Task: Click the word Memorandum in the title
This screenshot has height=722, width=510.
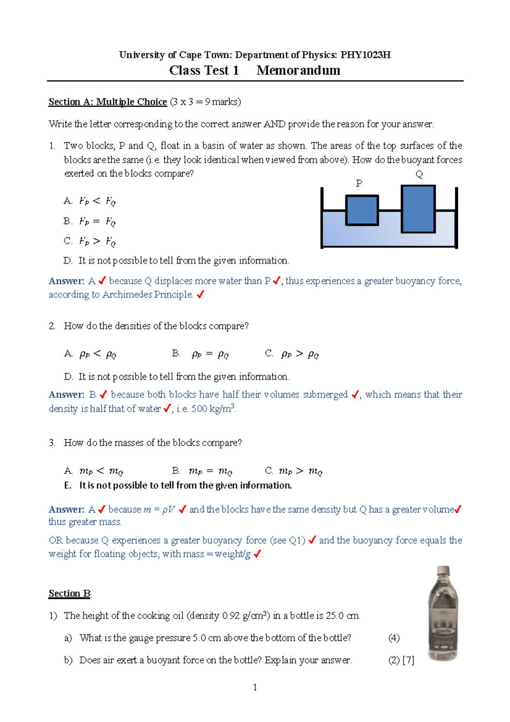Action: [298, 71]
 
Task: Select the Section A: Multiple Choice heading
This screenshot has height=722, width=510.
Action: [108, 102]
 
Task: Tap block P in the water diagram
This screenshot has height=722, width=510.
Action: [362, 210]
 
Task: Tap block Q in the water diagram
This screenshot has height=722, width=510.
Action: [418, 209]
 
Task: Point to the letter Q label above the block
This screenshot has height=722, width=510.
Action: [419, 174]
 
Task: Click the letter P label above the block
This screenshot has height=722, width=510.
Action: [359, 183]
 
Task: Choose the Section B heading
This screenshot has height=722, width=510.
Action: [69, 594]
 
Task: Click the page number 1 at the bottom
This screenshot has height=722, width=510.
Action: [255, 688]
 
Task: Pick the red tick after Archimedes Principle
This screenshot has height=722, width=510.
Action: [201, 294]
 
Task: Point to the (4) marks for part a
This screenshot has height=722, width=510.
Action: [394, 638]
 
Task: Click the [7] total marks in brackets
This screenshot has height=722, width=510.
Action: [408, 660]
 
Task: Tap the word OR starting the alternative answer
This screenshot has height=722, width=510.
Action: [56, 540]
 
